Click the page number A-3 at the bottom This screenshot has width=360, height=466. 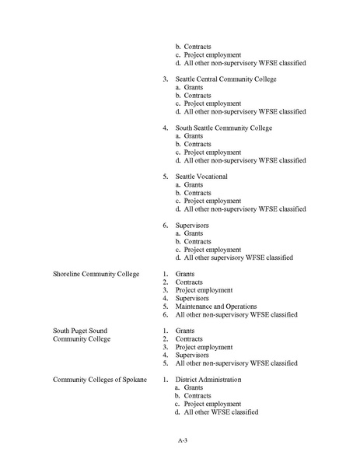[182, 440]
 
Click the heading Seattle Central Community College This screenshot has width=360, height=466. [225, 79]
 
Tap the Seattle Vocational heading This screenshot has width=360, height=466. [201, 177]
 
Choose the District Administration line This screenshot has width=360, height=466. [208, 379]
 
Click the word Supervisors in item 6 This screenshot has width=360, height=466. [191, 225]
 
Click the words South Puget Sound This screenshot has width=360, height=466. [80, 331]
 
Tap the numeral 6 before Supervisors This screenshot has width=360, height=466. [165, 225]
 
